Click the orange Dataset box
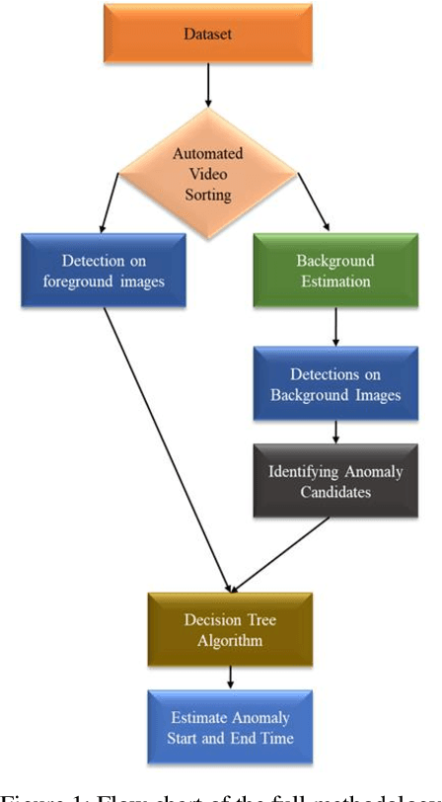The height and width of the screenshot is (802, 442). pyautogui.click(x=208, y=35)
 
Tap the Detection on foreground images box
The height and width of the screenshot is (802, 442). pyautogui.click(x=102, y=270)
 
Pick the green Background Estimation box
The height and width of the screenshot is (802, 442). pyautogui.click(x=336, y=270)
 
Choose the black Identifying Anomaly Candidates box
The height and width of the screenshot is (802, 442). pyautogui.click(x=336, y=481)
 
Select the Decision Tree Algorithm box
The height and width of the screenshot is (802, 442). pyautogui.click(x=230, y=628)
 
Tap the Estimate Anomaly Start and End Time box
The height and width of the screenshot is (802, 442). pyautogui.click(x=230, y=726)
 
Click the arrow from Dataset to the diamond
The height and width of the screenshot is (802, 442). pyautogui.click(x=208, y=88)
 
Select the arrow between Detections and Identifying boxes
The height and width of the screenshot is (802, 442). pyautogui.click(x=336, y=431)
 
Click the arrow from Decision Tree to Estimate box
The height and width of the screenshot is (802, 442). pyautogui.click(x=230, y=677)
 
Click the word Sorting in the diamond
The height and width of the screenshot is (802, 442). pyautogui.click(x=208, y=195)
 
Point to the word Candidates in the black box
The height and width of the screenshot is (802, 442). pyautogui.click(x=336, y=491)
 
